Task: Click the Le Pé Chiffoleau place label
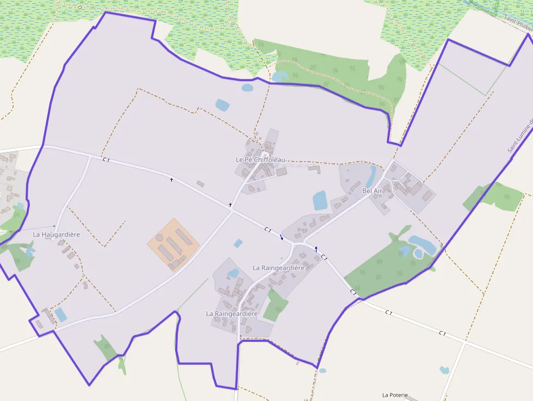click(x=260, y=159)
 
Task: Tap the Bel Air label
click(x=373, y=191)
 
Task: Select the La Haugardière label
click(x=57, y=235)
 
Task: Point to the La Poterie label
click(x=395, y=395)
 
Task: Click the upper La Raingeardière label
click(x=278, y=268)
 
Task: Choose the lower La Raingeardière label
click(x=232, y=314)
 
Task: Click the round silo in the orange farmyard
click(x=159, y=238)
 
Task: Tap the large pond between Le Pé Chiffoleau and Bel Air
click(x=320, y=200)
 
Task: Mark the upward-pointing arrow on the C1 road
click(x=316, y=249)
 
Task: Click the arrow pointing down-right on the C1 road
click(x=281, y=237)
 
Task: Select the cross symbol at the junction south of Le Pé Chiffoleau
click(x=231, y=205)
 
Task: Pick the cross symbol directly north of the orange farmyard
click(x=171, y=180)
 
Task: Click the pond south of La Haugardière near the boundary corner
click(x=60, y=314)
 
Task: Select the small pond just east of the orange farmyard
click(x=238, y=243)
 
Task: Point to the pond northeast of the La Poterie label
click(x=444, y=370)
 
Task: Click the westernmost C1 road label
click(x=106, y=159)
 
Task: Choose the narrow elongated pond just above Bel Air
click(x=371, y=176)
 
